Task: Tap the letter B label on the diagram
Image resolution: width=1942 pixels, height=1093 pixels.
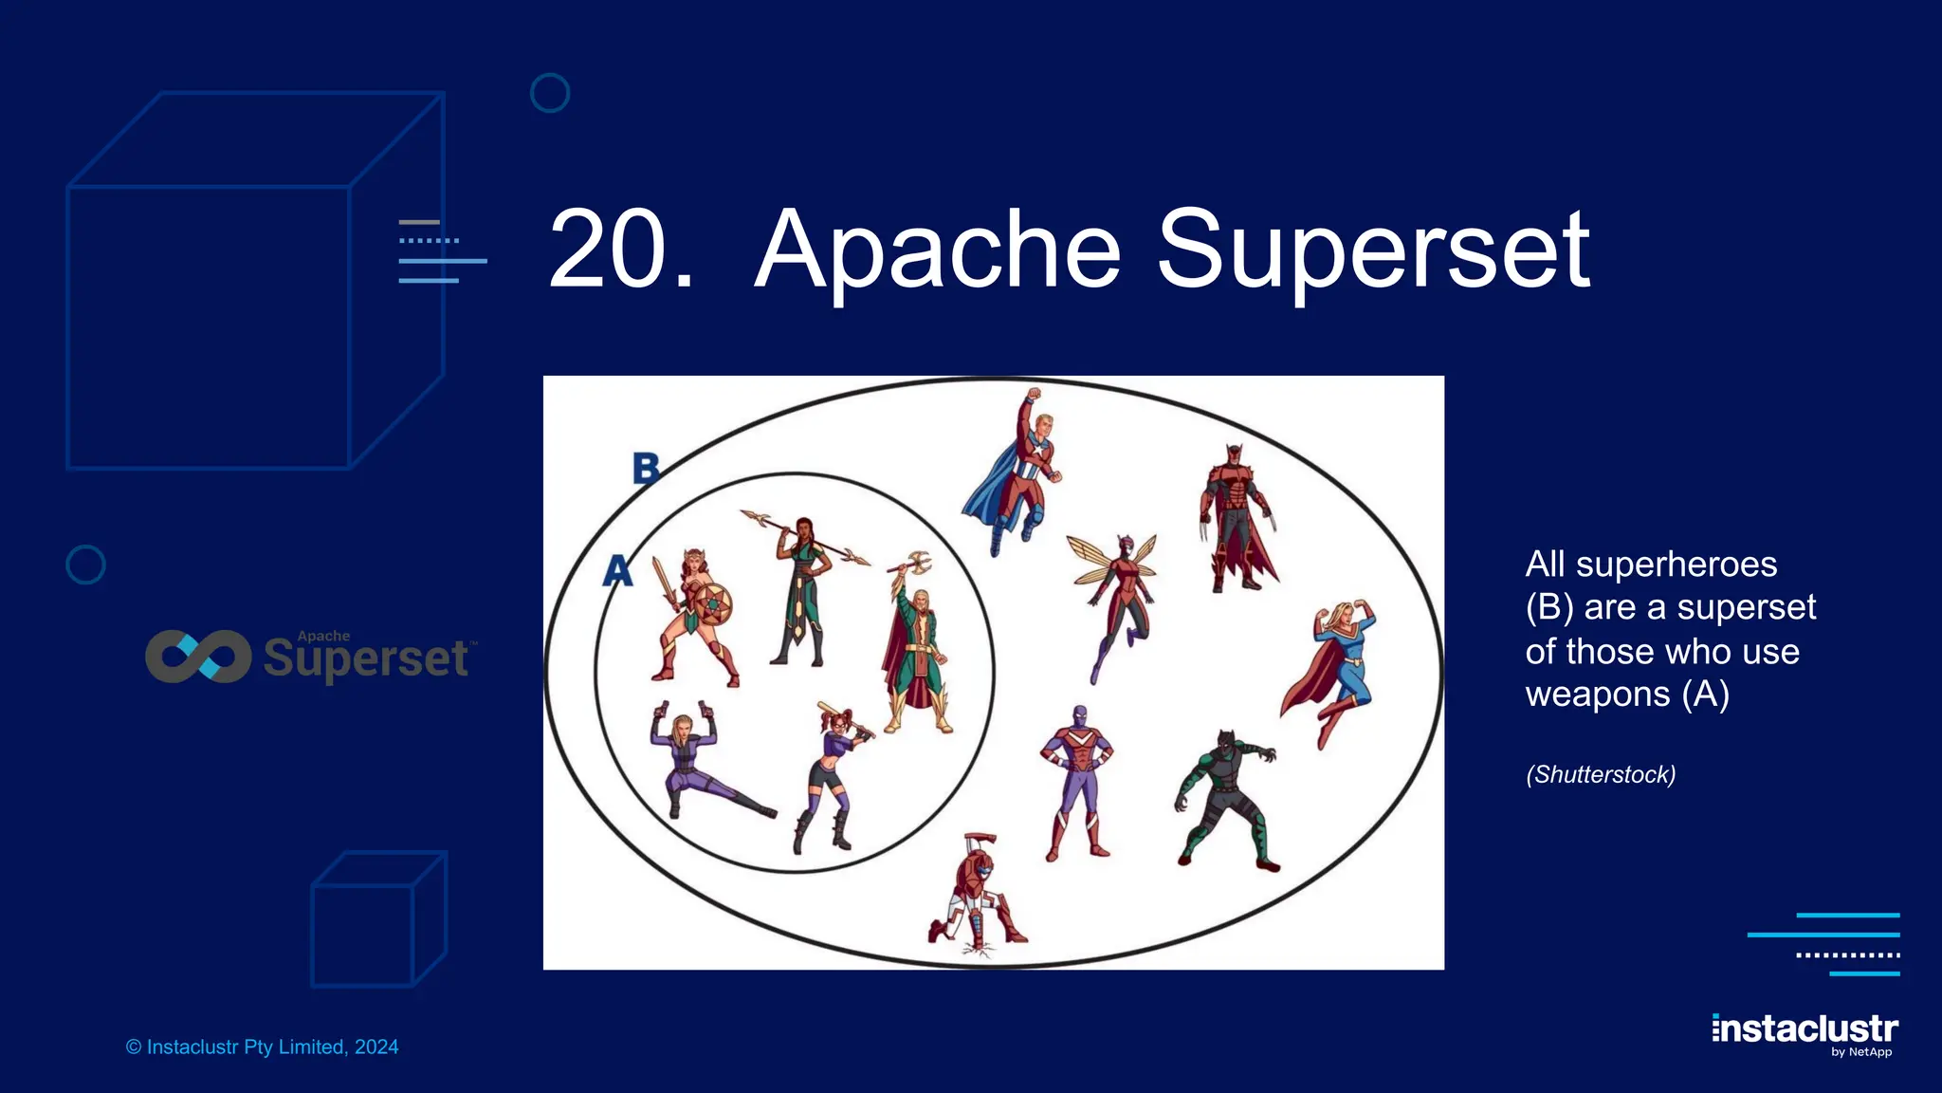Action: tap(646, 468)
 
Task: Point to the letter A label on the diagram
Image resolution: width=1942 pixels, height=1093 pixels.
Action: tap(617, 570)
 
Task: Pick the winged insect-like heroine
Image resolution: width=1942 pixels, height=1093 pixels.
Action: tap(1117, 598)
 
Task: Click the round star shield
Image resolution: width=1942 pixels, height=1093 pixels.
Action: tap(711, 604)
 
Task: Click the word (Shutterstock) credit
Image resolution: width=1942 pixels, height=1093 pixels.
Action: tap(1601, 775)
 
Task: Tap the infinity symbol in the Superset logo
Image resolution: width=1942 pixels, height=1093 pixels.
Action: tap(198, 657)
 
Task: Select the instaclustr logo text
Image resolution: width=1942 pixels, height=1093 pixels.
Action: tap(1805, 1029)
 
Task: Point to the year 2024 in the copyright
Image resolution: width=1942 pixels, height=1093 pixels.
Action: tap(376, 1047)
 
